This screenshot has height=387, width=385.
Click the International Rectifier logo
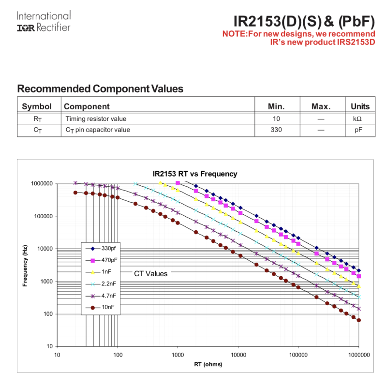[x=44, y=22]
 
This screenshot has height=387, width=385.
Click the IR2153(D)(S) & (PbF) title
[x=304, y=21]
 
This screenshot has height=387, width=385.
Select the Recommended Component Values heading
[x=100, y=89]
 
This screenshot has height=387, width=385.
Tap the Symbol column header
[x=37, y=106]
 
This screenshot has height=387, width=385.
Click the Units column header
[x=360, y=106]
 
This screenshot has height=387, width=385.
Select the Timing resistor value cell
[x=96, y=119]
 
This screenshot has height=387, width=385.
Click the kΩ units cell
[x=357, y=119]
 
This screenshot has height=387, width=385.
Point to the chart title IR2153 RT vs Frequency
[x=195, y=174]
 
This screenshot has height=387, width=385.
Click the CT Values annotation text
[x=150, y=274]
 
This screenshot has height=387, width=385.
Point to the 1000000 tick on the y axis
[x=41, y=184]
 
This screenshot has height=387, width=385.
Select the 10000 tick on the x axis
[x=238, y=355]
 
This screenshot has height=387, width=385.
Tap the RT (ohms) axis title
[x=208, y=364]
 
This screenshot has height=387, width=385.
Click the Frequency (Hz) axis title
[x=25, y=265]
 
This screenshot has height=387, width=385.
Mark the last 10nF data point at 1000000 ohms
[x=359, y=320]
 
